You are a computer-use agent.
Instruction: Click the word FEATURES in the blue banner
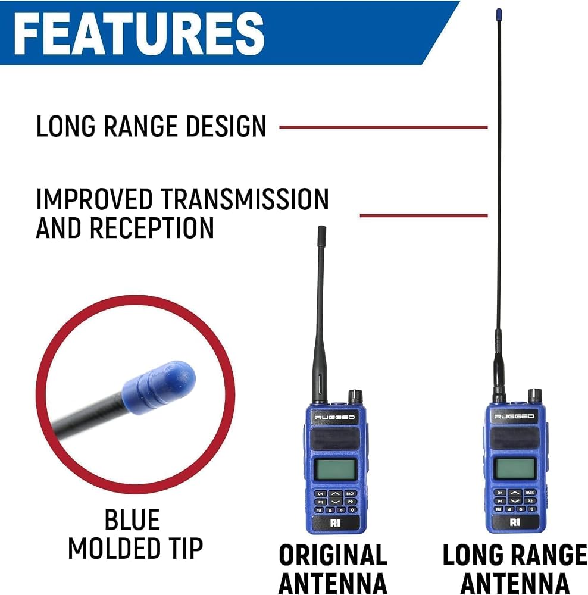click(139, 33)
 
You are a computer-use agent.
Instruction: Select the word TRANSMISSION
click(244, 199)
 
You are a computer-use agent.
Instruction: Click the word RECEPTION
click(152, 228)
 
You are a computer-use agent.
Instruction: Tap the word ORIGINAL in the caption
click(333, 555)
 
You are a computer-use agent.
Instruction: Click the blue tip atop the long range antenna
click(499, 14)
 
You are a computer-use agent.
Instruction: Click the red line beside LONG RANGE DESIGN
click(383, 127)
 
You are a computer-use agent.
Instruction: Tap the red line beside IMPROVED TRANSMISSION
click(424, 215)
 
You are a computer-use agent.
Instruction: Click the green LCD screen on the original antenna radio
click(336, 469)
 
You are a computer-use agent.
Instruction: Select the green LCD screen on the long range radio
click(514, 469)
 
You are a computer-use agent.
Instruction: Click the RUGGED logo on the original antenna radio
click(335, 418)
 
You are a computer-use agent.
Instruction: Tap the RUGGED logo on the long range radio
click(514, 416)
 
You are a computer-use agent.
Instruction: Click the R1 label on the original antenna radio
click(335, 523)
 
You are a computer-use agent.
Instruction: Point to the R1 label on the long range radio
click(515, 522)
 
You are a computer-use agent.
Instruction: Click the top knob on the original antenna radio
click(356, 396)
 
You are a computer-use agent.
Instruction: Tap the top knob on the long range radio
click(535, 396)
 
